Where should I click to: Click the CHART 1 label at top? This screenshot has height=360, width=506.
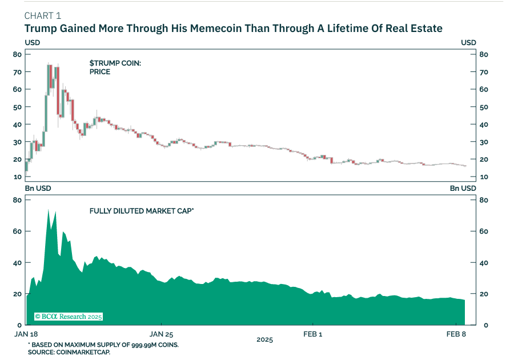(x=43, y=15)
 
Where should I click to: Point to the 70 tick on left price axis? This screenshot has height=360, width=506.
(x=18, y=72)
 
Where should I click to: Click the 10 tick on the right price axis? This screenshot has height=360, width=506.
(x=483, y=177)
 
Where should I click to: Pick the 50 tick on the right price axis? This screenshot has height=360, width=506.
(x=483, y=107)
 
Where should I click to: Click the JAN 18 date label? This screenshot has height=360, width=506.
(x=26, y=334)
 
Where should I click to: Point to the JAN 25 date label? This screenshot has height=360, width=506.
(x=160, y=334)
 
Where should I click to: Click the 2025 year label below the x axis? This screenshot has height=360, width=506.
(x=264, y=340)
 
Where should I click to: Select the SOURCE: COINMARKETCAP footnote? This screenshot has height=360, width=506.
(x=69, y=353)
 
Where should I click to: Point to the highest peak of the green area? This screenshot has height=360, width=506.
(x=48, y=210)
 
